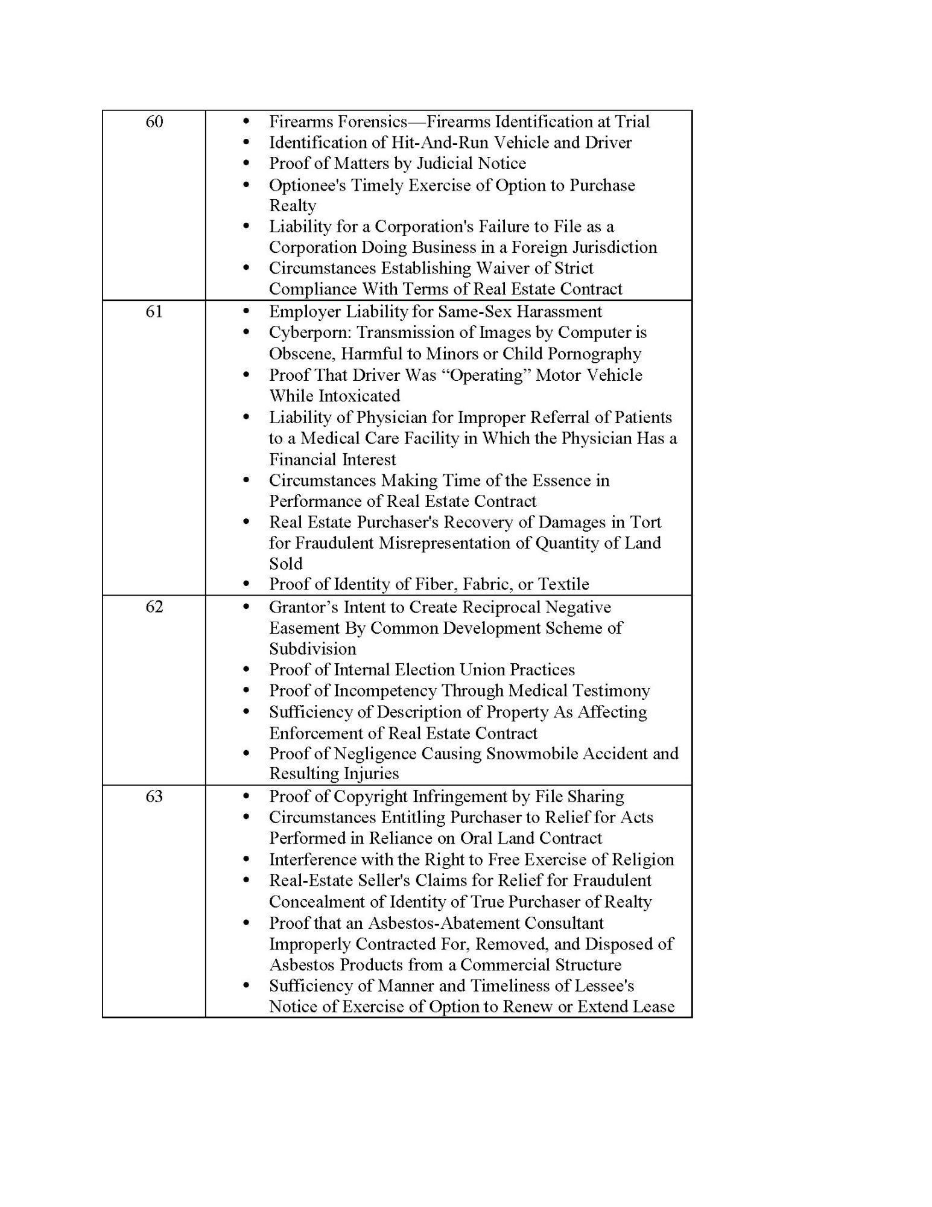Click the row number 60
coord(154,122)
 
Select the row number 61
coord(154,312)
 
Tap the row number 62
coord(154,607)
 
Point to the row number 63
coord(154,797)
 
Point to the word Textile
coord(563,584)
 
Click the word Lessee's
coord(597,986)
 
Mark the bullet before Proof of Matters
coord(246,164)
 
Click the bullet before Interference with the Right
coord(246,859)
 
